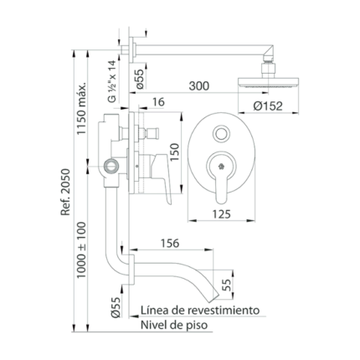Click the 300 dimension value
(198, 85)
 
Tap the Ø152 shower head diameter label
(268, 105)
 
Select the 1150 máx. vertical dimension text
(82, 108)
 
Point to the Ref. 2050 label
(66, 192)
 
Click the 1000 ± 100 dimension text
(82, 249)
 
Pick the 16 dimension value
(158, 102)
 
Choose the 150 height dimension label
(174, 152)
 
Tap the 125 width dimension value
(222, 214)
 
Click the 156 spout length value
(170, 244)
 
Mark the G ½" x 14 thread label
(112, 81)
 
